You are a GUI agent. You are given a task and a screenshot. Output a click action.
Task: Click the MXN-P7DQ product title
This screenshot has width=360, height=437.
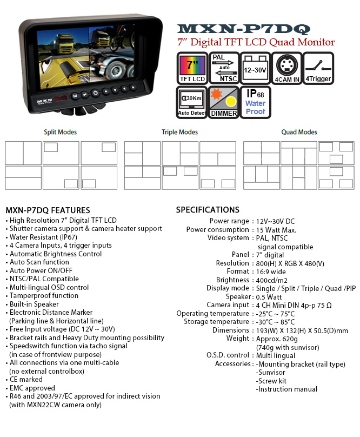(244, 29)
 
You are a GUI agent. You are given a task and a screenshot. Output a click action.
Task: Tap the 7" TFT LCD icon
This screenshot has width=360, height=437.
(192, 68)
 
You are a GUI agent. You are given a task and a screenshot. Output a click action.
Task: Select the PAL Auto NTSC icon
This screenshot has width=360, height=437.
(224, 68)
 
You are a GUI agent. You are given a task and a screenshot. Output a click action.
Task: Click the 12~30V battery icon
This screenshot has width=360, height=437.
(255, 68)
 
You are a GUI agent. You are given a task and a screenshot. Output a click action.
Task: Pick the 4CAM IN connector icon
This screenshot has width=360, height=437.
(286, 68)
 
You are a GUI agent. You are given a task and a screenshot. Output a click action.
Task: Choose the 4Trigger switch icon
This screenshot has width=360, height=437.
(318, 68)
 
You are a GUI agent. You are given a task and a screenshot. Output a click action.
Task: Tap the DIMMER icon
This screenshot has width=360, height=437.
(224, 102)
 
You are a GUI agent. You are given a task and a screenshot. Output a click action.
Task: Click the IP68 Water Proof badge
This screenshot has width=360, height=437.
(255, 102)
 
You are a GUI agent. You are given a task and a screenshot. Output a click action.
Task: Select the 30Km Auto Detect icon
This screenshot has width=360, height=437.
(192, 102)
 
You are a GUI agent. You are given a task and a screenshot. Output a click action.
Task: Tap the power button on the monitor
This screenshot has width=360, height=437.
(95, 93)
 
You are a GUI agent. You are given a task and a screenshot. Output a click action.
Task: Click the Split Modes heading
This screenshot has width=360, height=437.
(60, 132)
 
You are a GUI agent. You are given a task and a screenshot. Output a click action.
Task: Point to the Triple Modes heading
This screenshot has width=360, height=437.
(179, 132)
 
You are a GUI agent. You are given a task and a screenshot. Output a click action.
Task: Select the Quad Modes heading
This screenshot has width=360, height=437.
(299, 132)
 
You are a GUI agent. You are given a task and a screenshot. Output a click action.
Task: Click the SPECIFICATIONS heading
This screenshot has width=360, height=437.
(208, 210)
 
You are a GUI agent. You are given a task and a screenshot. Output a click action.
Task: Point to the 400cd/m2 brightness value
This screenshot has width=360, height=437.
(272, 280)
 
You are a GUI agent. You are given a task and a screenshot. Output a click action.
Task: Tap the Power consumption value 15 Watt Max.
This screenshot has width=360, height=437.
(276, 230)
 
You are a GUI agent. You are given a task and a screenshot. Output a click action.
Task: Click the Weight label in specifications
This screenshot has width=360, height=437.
(238, 339)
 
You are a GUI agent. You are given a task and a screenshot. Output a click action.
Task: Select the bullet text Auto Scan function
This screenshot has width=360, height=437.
(39, 262)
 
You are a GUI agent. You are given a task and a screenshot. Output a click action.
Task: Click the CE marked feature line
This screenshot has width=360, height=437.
(26, 379)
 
